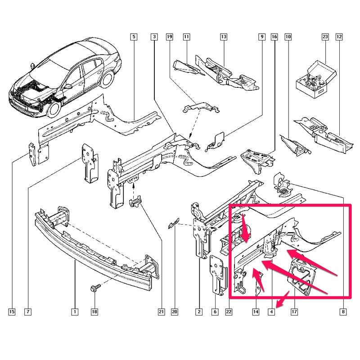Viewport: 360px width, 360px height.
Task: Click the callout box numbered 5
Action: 134,37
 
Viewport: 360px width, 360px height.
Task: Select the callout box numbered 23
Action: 325,37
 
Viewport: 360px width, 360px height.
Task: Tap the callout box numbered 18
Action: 94,311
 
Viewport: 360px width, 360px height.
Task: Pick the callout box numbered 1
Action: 75,311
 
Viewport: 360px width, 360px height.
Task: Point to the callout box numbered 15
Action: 12,311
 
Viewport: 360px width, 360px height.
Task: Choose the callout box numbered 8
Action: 343,311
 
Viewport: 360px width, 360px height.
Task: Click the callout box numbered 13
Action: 224,37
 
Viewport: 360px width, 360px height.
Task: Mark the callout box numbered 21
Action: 161,311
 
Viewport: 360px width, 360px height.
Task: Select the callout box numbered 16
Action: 274,37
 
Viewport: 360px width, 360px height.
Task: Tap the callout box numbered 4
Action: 271,311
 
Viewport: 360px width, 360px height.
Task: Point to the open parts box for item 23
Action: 316,78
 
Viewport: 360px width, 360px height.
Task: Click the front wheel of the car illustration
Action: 54,109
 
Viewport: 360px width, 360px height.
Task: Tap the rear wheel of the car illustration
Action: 108,79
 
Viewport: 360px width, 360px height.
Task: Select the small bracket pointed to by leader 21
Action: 135,202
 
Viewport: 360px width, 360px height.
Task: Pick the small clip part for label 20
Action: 173,223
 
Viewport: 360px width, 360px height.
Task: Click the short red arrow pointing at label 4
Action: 283,299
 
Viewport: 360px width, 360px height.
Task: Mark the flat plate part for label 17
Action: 301,277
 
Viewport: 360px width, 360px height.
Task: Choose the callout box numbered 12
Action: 339,37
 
